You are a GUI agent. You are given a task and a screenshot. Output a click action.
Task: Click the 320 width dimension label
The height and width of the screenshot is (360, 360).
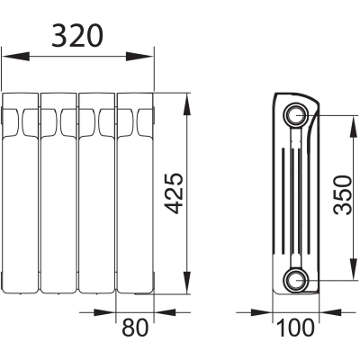pos(77,36)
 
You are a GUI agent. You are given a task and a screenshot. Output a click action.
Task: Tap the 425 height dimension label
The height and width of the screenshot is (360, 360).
pos(174,193)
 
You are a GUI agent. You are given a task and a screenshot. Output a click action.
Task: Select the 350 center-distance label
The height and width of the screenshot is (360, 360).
pos(343,195)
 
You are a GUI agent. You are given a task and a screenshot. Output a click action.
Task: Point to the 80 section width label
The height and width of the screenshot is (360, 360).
pos(135,327)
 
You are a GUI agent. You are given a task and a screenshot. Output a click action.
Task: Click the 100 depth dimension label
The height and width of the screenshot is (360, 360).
pos(295,328)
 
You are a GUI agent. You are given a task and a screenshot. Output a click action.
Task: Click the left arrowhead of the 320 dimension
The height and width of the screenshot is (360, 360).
pos(15,56)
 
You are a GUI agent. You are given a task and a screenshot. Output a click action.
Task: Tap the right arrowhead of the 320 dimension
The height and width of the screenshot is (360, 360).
pos(139,56)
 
